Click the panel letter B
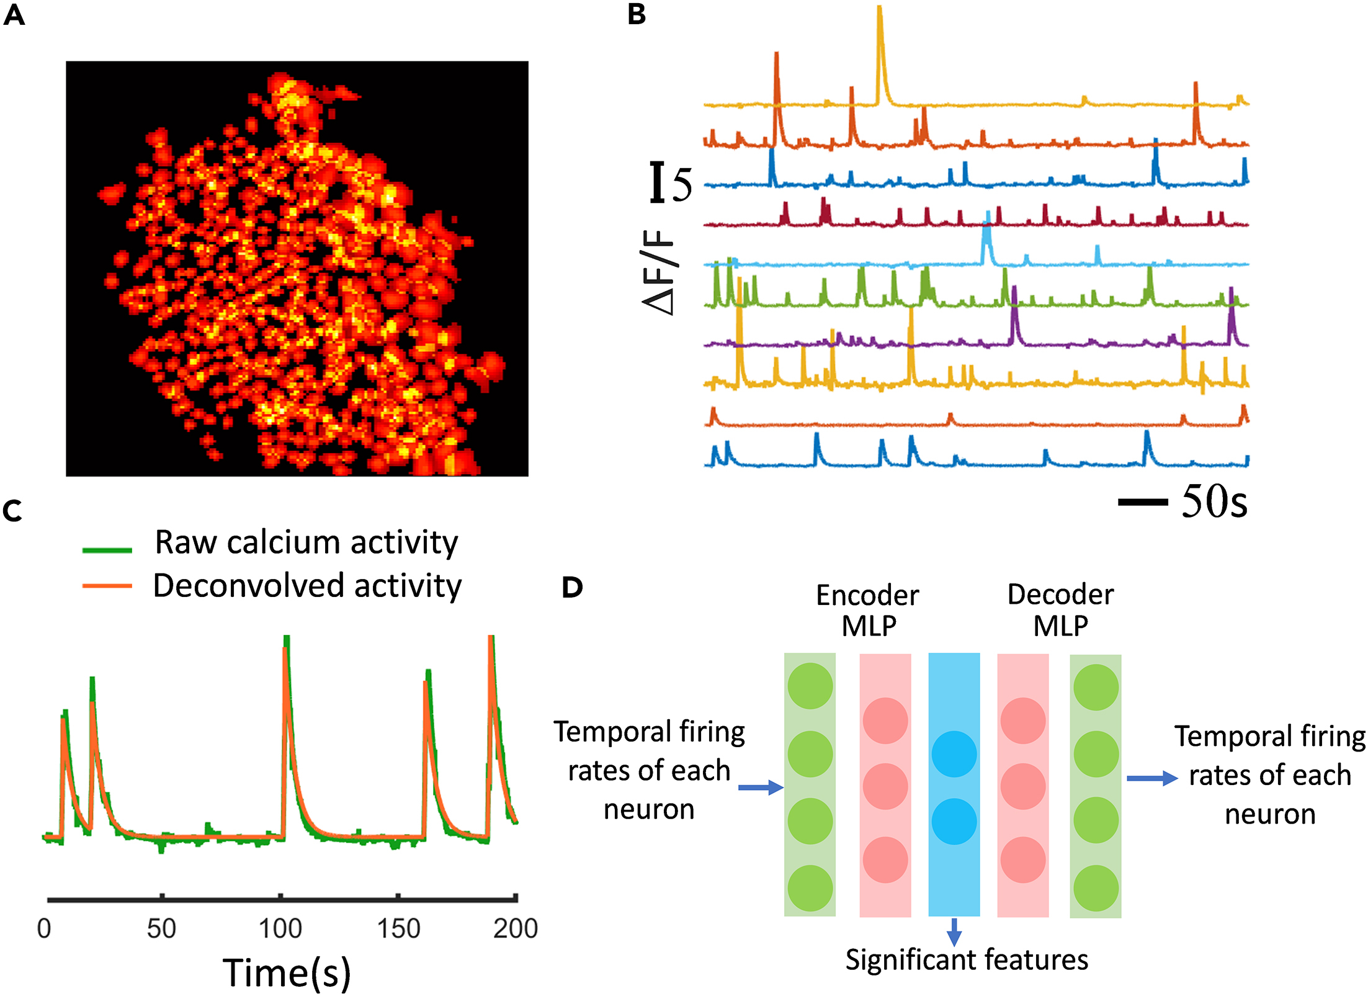(x=637, y=15)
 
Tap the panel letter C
(x=12, y=511)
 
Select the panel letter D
(x=572, y=587)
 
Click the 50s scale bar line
(x=1142, y=502)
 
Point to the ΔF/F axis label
(x=659, y=273)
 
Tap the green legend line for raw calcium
(x=107, y=549)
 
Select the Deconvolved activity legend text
(x=307, y=586)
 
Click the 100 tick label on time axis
(x=280, y=929)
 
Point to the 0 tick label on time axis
(x=43, y=929)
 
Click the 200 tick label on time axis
(x=515, y=929)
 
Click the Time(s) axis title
(x=287, y=972)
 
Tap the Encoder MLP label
(x=867, y=610)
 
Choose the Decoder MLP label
(x=1060, y=610)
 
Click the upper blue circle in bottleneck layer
(x=954, y=754)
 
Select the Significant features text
(x=967, y=960)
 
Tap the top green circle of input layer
(x=810, y=686)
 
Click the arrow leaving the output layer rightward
(x=1151, y=778)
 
